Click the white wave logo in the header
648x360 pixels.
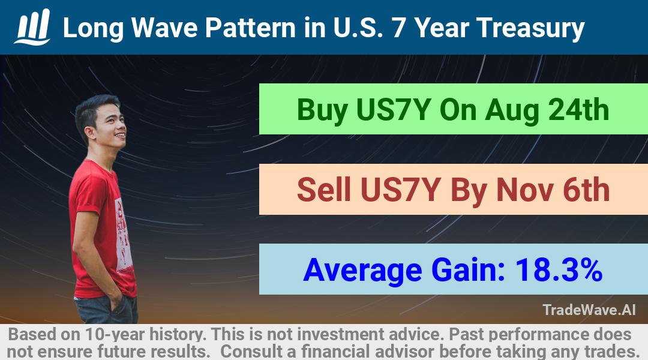32,27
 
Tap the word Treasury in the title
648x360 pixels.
530,29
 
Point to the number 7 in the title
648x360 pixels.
399,28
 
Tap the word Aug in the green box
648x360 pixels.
512,111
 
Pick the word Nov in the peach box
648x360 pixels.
525,190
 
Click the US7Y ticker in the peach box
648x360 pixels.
400,190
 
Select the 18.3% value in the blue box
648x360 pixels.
559,270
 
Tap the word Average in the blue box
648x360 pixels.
362,271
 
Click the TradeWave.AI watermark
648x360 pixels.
589,310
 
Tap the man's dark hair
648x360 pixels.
94,111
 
